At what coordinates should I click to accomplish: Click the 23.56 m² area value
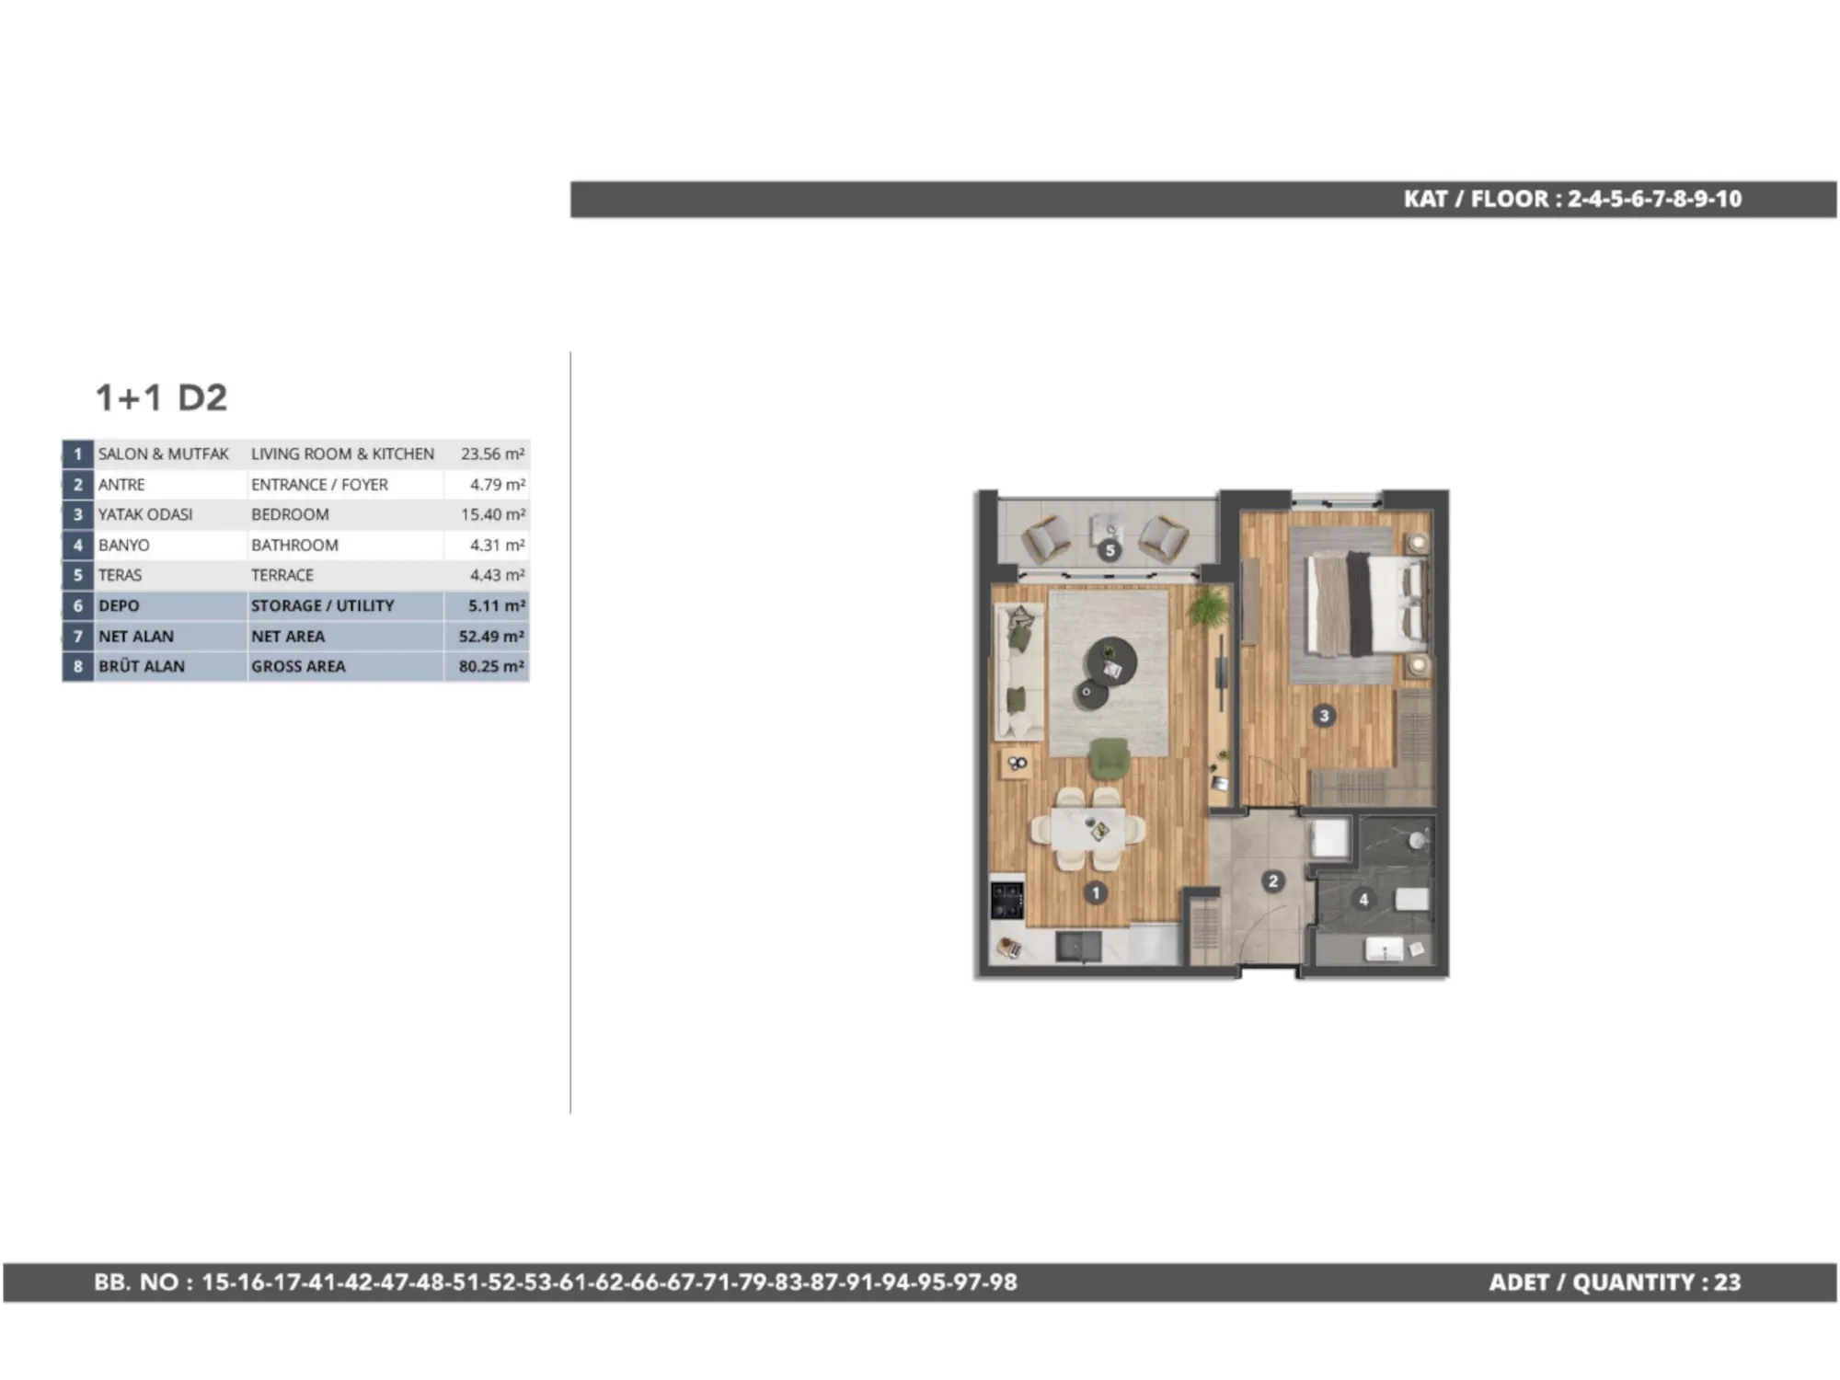click(493, 454)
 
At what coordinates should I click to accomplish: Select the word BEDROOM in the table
click(290, 514)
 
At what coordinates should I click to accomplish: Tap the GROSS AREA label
click(298, 666)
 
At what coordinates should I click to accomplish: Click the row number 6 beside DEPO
click(78, 605)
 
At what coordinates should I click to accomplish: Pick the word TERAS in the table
click(121, 575)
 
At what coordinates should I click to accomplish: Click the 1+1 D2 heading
click(162, 397)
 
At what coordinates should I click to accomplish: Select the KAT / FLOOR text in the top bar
click(1476, 199)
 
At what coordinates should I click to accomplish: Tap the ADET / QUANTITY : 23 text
click(1615, 1282)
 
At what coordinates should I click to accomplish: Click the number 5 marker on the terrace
click(1110, 550)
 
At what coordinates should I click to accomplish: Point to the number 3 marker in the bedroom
click(1324, 715)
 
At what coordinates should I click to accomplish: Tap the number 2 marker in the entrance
click(1273, 881)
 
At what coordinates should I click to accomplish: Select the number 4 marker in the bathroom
click(1363, 899)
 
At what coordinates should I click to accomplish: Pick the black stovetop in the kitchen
click(1007, 900)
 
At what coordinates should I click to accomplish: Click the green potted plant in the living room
click(1208, 607)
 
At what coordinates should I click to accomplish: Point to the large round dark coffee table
click(1111, 661)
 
